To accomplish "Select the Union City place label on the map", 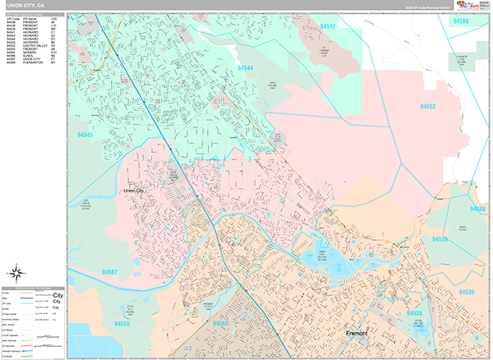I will click(135, 191).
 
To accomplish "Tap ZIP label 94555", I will click(122, 324).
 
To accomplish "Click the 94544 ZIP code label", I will click(245, 68).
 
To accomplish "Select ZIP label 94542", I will click(327, 26).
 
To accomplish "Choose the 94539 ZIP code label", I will click(467, 292).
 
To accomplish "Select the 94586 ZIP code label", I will click(477, 210).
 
